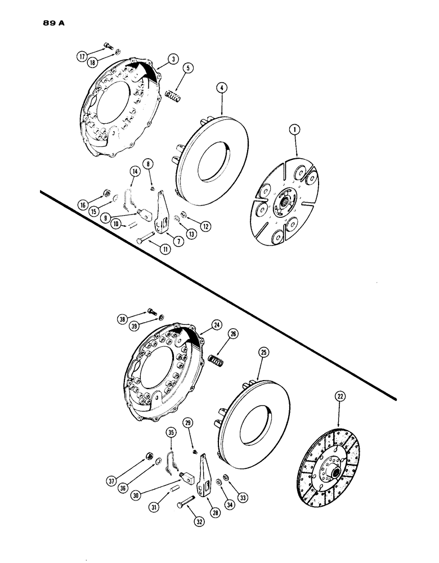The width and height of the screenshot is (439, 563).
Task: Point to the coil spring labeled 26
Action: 215,359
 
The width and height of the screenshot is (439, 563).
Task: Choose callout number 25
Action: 264,353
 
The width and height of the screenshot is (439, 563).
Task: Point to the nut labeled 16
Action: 105,194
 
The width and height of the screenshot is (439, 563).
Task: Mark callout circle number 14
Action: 135,172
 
